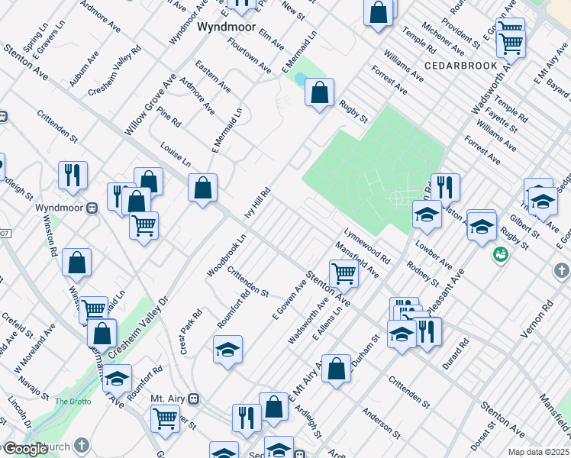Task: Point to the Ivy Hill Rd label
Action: click(x=257, y=204)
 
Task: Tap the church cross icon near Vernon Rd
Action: click(x=561, y=271)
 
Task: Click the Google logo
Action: click(x=25, y=450)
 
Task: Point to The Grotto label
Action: click(x=73, y=401)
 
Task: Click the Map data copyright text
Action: click(x=539, y=452)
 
